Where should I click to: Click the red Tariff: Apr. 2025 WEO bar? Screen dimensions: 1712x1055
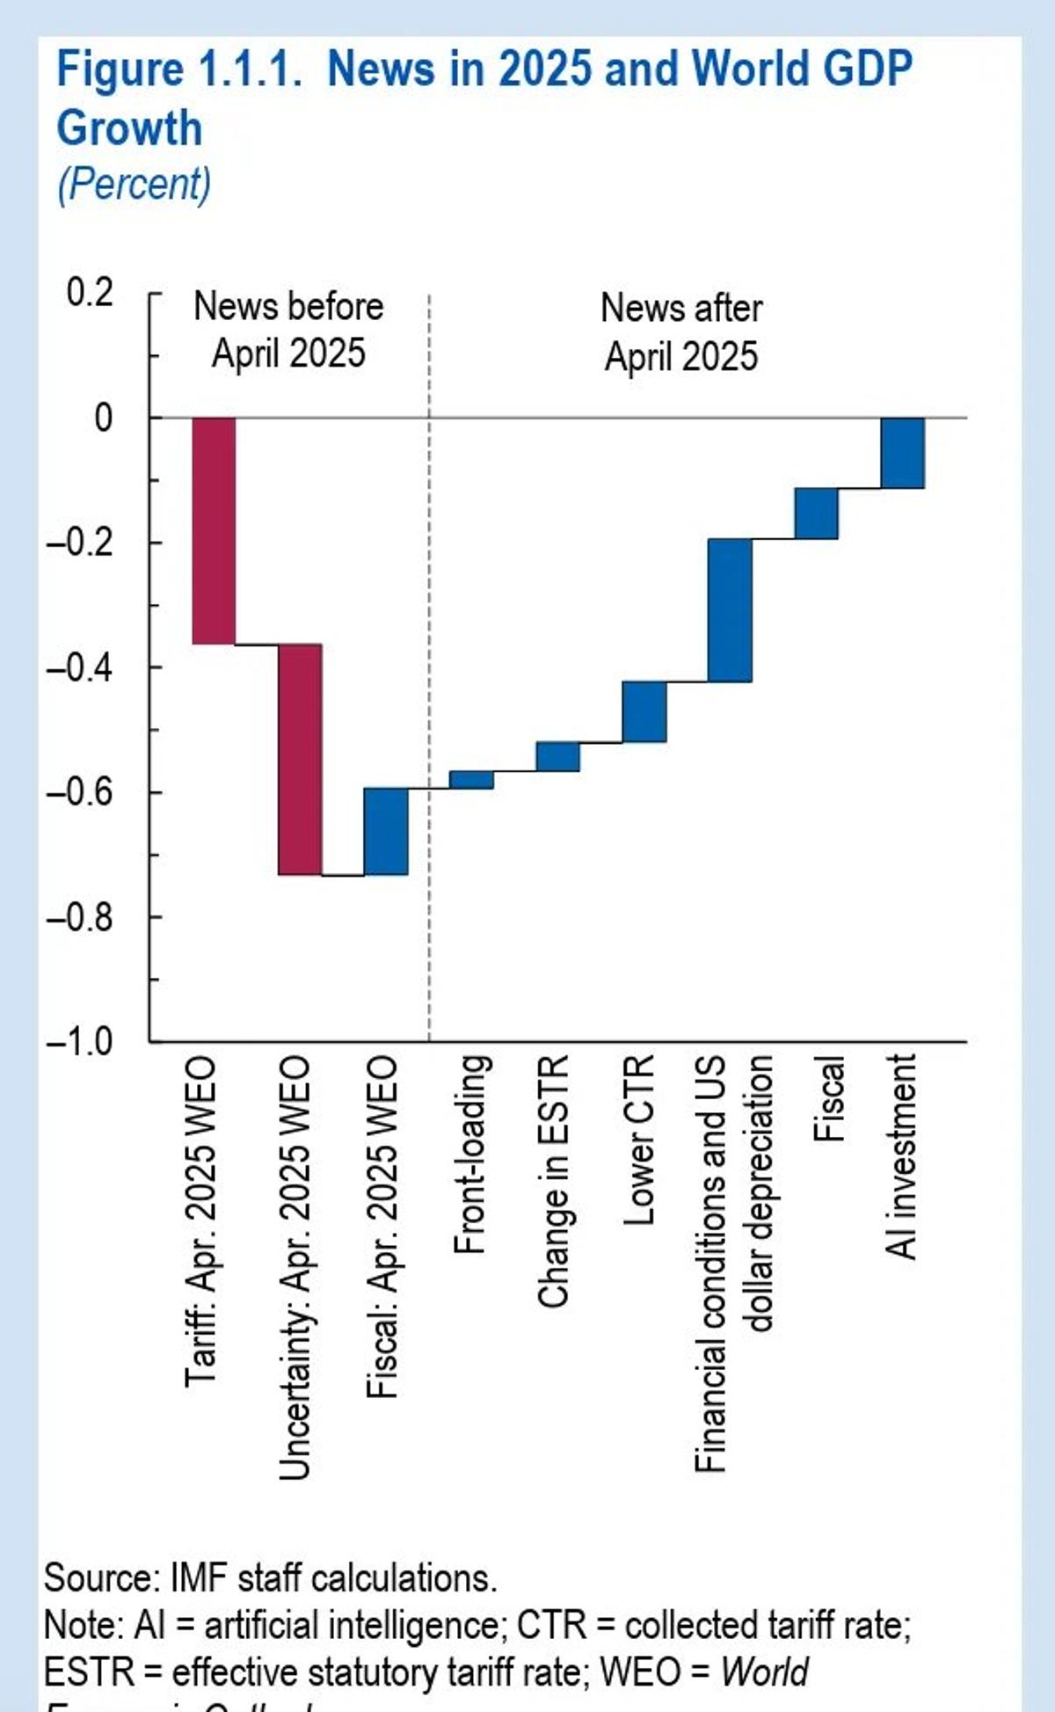point(214,530)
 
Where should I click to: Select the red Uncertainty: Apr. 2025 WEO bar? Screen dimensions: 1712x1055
point(300,759)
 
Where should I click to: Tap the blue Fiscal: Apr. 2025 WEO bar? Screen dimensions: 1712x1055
point(386,831)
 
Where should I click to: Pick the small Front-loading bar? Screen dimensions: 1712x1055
point(471,780)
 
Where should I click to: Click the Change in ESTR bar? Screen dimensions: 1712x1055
point(558,756)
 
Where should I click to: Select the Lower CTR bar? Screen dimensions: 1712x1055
point(644,711)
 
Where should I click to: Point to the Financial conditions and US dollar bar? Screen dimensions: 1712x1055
point(731,609)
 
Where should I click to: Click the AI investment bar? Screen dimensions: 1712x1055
point(903,452)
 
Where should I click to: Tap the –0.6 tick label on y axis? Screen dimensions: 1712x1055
point(80,792)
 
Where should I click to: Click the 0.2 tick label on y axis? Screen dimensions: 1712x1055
point(90,292)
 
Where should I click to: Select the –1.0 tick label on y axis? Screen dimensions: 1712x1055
point(80,1042)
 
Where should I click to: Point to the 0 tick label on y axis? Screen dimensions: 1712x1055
point(103,418)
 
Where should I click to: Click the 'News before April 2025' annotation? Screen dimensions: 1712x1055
point(288,330)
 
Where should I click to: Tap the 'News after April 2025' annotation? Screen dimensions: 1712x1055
point(681,332)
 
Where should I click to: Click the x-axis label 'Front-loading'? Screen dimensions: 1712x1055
point(471,1154)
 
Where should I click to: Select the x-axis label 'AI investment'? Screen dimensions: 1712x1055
point(902,1156)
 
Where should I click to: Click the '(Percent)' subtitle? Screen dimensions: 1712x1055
point(134,185)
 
